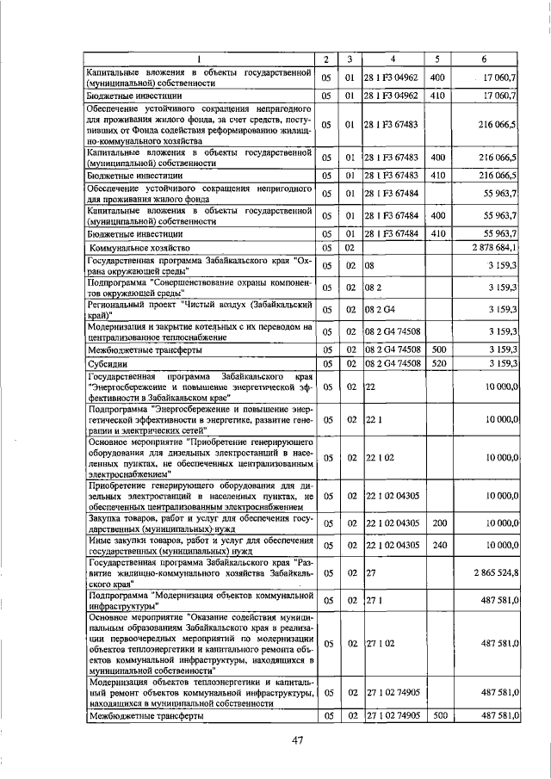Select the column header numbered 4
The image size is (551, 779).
click(393, 59)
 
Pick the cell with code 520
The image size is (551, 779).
click(437, 364)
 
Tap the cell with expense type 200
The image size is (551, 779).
click(437, 522)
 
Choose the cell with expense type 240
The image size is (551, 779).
click(437, 545)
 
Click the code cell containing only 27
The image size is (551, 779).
click(371, 571)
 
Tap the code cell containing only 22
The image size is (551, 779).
click(371, 387)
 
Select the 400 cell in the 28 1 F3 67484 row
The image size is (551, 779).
click(437, 214)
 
